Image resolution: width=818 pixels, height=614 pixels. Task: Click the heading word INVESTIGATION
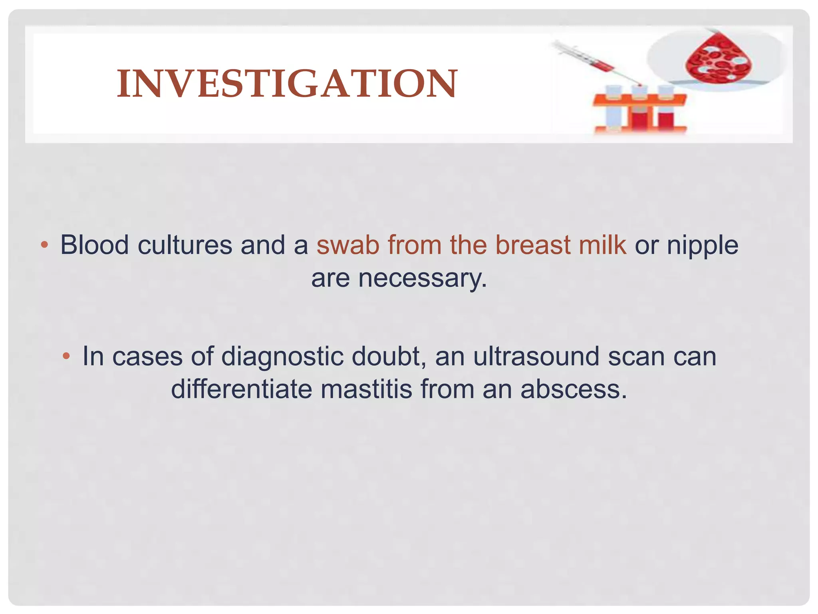pos(287,84)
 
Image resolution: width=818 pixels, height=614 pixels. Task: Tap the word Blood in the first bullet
pos(94,245)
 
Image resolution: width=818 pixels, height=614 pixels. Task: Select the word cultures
pos(185,245)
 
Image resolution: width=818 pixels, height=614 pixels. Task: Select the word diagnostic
pos(282,356)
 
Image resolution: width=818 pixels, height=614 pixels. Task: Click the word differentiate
pos(241,389)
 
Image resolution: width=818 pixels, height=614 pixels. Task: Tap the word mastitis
pos(366,389)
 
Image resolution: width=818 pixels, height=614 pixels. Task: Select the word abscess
pos(574,389)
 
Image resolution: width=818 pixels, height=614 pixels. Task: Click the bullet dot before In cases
pos(67,356)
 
